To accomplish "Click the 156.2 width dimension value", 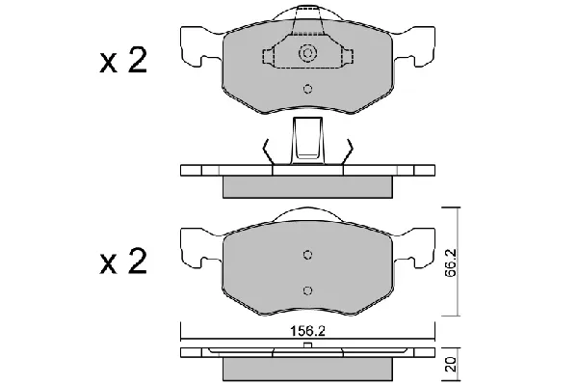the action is coord(307,331).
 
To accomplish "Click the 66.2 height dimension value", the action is coord(450,262).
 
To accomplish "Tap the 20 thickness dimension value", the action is coord(450,364).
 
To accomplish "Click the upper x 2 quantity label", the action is coord(123,60).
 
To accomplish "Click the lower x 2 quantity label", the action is coord(123,262).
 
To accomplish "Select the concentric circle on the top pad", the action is coord(308,53).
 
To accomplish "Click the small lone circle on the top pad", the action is coord(308,89).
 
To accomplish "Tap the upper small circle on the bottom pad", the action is coord(308,255).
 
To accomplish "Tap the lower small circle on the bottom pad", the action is coord(308,290).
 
